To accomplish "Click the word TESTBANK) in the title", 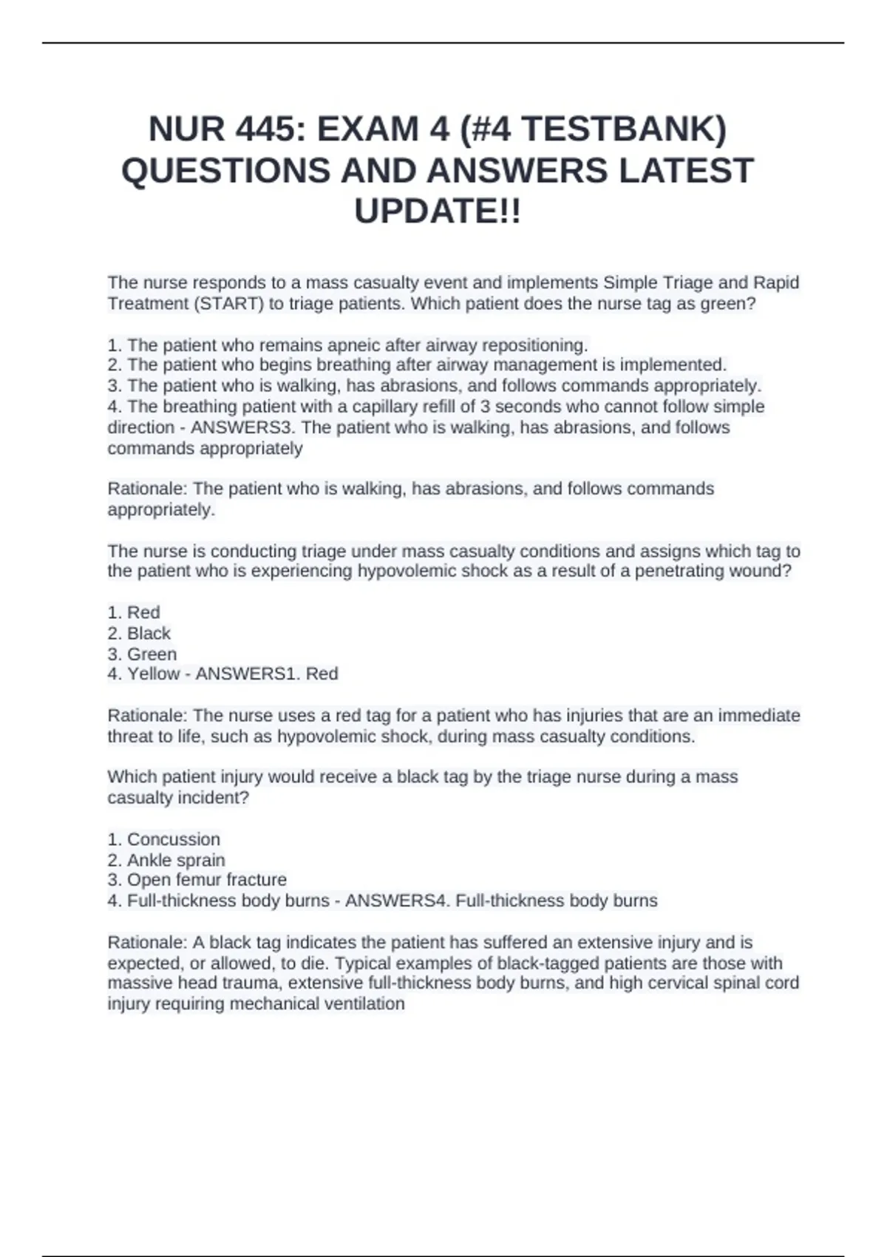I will [624, 129].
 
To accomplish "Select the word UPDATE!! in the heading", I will [438, 211].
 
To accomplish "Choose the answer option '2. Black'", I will [139, 634].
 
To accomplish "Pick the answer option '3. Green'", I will [142, 654].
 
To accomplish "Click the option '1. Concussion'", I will [163, 840].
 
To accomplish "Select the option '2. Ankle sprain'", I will [166, 861].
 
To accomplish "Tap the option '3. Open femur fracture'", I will [197, 880].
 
